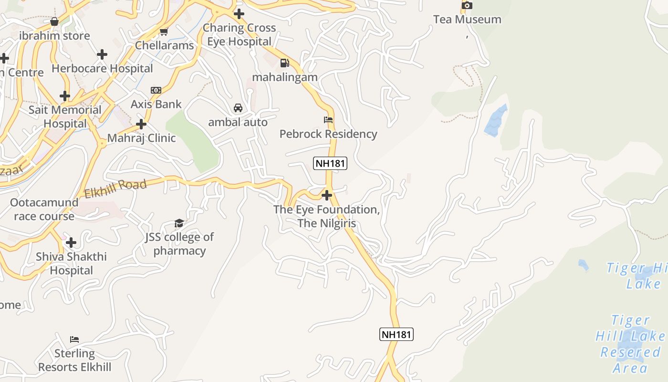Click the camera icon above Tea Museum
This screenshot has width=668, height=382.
467,5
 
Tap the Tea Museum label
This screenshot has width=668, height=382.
467,20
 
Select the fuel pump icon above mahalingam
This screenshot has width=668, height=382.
285,63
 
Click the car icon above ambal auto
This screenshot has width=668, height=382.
238,108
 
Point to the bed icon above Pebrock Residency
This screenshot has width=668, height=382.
328,119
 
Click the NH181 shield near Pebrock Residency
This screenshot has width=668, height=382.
330,163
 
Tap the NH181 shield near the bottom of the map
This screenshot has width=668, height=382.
397,334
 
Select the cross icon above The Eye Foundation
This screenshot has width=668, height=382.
327,195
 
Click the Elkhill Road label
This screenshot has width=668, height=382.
115,189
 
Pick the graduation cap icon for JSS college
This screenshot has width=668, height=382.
179,223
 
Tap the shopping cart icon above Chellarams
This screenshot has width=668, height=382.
164,32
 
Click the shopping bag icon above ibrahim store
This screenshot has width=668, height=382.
54,21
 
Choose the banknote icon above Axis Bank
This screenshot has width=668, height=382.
156,90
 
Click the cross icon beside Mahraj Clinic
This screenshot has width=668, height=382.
141,125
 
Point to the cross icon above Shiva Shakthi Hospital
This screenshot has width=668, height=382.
71,243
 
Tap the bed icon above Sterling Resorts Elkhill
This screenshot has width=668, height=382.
74,340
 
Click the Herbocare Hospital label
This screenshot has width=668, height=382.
102,68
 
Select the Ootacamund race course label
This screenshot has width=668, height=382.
44,209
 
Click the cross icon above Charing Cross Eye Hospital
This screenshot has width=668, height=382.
239,14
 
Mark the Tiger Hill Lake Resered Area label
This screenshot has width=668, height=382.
630,344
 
